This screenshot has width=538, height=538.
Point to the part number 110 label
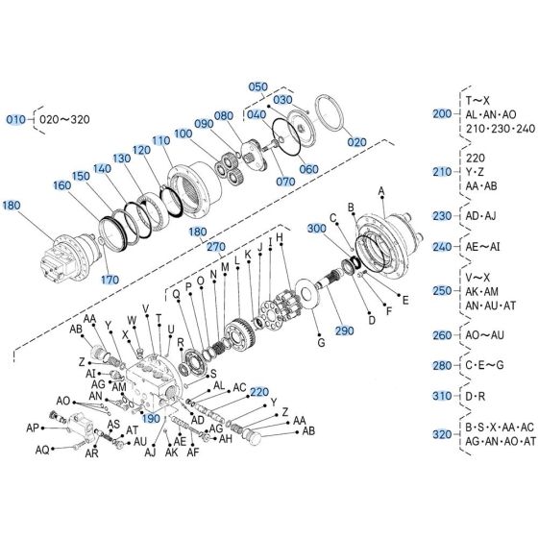pos(159,140)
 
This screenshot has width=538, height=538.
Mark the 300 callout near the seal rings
pos(316,230)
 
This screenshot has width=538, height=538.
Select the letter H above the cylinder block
pos(280,237)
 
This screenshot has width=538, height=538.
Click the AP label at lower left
pos(34,428)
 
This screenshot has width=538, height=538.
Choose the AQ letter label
pos(42,450)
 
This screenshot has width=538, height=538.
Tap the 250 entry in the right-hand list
pos(442,289)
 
